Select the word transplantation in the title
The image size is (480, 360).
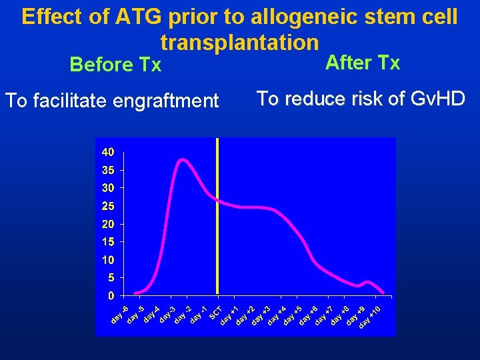pos(239,42)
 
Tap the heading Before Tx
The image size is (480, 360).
pos(115,65)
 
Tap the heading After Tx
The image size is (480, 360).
pos(362,63)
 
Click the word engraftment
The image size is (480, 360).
pos(166,101)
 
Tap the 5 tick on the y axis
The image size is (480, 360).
pos(111,277)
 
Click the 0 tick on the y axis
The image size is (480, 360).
pos(111,295)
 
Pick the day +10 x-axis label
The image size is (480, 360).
pos(369,316)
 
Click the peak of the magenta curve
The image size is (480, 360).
pos(181,159)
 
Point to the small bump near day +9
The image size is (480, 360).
pos(369,282)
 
